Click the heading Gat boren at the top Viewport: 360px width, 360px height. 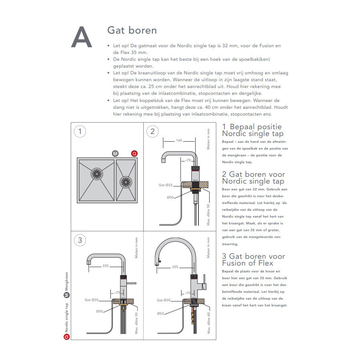[x=132, y=30]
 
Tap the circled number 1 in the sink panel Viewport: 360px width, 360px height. [x=80, y=132]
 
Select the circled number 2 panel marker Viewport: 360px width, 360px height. [x=152, y=132]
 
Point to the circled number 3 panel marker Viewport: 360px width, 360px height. [x=80, y=240]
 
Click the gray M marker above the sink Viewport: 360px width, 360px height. [x=115, y=154]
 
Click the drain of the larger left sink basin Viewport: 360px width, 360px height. [x=97, y=174]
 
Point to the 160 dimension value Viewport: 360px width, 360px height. [x=179, y=140]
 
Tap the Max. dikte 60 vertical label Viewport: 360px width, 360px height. [x=208, y=323]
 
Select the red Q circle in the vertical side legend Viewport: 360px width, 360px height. [x=67, y=336]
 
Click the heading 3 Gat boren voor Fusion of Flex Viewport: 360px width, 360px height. [x=253, y=260]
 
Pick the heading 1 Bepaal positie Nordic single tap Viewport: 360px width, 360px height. [x=252, y=130]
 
